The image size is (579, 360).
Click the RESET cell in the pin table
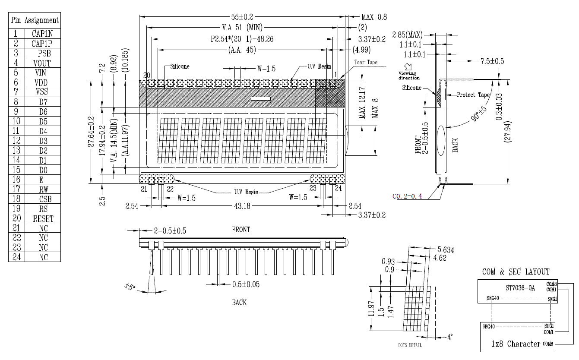click(x=43, y=218)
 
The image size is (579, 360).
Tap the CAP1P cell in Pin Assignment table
click(x=43, y=43)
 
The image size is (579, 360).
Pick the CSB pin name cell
click(x=43, y=199)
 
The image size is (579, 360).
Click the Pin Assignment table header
click(x=35, y=20)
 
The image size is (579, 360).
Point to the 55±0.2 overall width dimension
click(x=242, y=17)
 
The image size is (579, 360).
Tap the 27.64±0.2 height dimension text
click(x=91, y=132)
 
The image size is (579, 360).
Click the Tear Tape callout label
click(x=366, y=62)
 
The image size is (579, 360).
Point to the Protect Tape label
click(x=473, y=95)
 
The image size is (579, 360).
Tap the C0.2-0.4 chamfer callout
click(x=407, y=196)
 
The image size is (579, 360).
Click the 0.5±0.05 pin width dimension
click(x=246, y=284)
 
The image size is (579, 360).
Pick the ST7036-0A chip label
click(x=520, y=288)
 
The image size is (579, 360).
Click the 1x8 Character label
click(x=516, y=344)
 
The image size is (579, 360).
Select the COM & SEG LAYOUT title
click(x=516, y=272)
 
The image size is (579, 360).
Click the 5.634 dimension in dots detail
click(x=445, y=249)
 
